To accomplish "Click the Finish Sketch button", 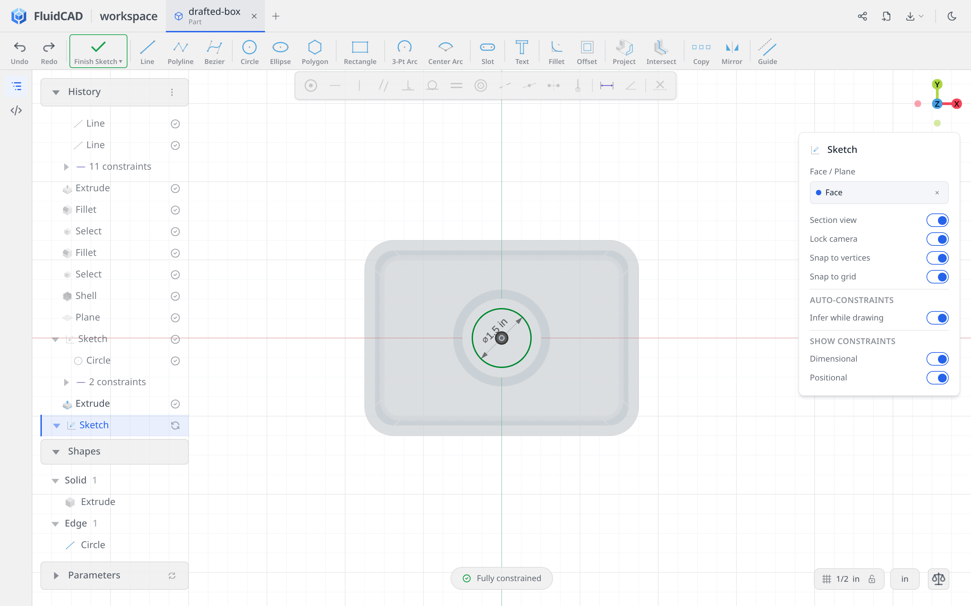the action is [98, 51].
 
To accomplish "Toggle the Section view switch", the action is [937, 220].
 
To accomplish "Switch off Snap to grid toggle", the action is [937, 276].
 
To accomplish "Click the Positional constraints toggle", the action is [937, 377].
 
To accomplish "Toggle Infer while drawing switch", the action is [937, 318].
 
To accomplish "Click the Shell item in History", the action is [86, 296].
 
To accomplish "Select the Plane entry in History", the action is [87, 317].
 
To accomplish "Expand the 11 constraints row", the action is [66, 167].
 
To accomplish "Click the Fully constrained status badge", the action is [502, 578].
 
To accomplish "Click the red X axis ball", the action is [957, 104].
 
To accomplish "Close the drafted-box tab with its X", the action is [254, 16].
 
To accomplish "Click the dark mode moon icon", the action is [952, 16].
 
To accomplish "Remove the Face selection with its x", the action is [937, 193].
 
